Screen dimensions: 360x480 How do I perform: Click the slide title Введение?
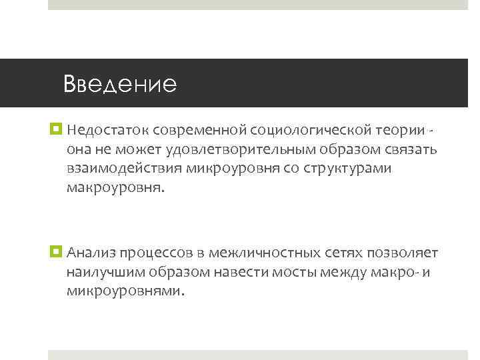point(120,84)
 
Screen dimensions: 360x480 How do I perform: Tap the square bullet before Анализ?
point(56,252)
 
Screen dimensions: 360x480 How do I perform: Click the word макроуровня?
point(113,189)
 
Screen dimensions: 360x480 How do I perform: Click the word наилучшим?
point(104,273)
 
